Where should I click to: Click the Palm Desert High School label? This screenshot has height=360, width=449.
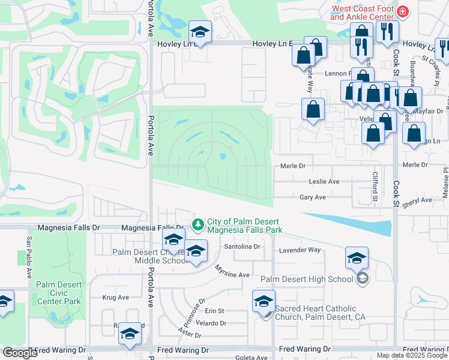[x=306, y=279]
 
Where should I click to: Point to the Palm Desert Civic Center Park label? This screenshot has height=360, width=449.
[x=58, y=292]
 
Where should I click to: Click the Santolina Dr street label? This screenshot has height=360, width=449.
[x=242, y=247]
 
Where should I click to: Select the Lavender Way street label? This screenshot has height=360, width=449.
[x=298, y=250]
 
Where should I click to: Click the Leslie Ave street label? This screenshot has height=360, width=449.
[x=324, y=181]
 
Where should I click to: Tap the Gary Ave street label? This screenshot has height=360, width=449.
[x=313, y=197]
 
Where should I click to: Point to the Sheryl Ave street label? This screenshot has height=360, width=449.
[x=417, y=201]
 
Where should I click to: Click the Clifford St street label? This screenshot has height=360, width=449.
[x=375, y=186]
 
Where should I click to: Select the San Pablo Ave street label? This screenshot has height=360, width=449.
[x=29, y=256]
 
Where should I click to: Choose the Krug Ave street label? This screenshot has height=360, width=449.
[x=116, y=297]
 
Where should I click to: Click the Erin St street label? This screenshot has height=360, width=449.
[x=214, y=311]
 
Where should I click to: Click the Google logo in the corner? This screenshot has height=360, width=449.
[x=20, y=353]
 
